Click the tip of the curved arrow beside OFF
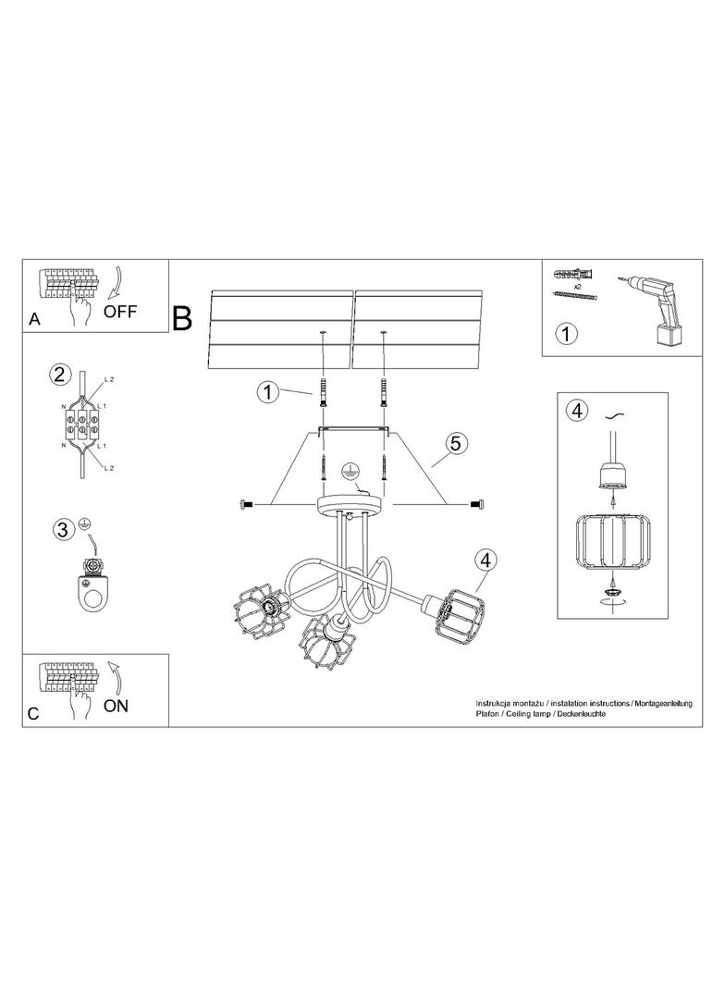point(109,297)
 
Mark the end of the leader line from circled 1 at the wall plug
point(313,394)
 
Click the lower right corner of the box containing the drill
point(703,356)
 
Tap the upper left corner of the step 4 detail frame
point(558,392)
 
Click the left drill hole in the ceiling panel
point(323,331)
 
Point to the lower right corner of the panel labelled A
point(168,332)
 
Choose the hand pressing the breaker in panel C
point(78,701)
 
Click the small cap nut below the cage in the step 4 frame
point(610,591)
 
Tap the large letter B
point(182,318)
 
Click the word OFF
point(120,311)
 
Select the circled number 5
point(455,443)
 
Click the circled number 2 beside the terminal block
point(59,376)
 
